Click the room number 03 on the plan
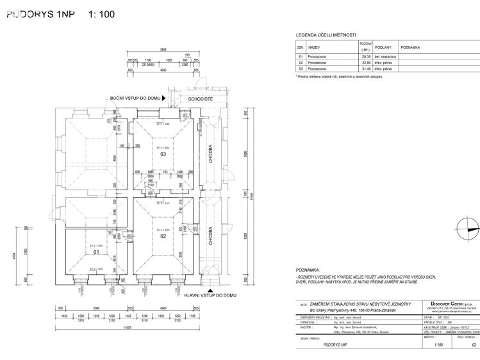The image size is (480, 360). point(163,154)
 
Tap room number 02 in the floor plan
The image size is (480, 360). point(163,236)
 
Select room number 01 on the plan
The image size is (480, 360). point(95,252)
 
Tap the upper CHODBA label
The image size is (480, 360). point(210,154)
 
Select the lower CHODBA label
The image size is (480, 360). point(210,235)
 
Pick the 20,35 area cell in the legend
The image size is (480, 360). point(367,56)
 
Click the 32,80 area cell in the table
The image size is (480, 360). point(367,63)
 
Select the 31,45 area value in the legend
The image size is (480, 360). point(367,69)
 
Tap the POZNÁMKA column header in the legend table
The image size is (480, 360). point(410,47)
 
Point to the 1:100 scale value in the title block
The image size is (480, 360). point(438,345)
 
